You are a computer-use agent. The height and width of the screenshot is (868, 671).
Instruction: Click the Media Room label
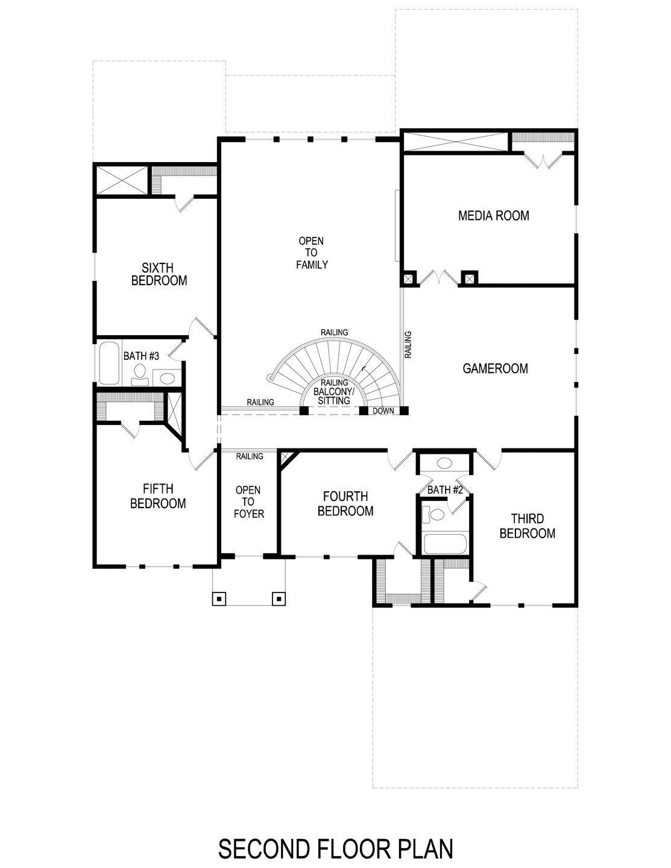(x=493, y=215)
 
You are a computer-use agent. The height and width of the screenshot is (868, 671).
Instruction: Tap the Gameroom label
(x=495, y=368)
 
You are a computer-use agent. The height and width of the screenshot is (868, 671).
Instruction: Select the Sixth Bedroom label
(x=159, y=274)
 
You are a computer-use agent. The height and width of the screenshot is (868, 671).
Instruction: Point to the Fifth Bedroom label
(x=158, y=496)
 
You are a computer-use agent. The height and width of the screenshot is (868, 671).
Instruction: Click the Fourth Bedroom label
(x=345, y=504)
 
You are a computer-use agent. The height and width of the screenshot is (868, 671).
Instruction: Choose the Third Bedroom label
(x=527, y=526)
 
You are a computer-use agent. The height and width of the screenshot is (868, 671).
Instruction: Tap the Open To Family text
(x=311, y=253)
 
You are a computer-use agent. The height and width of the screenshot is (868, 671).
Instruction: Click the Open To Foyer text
(x=248, y=502)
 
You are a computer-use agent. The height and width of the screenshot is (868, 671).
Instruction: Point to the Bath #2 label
(x=444, y=490)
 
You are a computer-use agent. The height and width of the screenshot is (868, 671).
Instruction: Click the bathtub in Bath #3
(x=109, y=363)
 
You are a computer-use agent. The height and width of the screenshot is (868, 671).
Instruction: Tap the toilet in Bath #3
(x=140, y=374)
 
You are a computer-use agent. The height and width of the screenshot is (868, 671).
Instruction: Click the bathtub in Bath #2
(x=446, y=544)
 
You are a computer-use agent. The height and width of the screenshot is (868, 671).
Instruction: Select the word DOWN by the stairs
(x=383, y=411)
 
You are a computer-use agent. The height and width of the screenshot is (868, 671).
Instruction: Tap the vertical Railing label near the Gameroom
(x=408, y=345)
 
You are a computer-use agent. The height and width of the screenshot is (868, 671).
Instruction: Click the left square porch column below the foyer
(x=219, y=598)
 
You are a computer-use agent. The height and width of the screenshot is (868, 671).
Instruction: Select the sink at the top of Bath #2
(x=444, y=464)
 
